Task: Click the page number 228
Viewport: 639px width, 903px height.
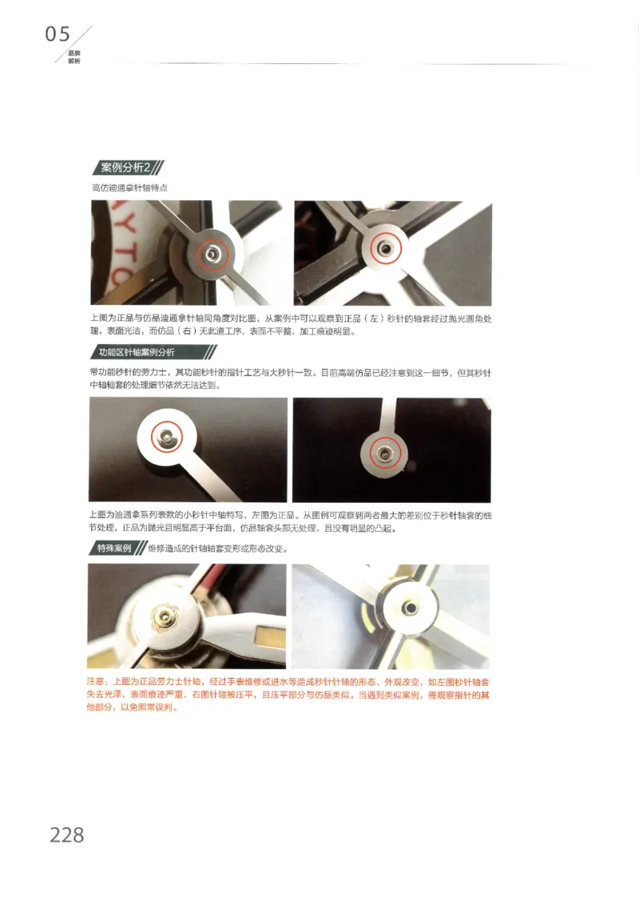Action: tap(66, 834)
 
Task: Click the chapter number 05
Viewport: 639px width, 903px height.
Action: tap(58, 34)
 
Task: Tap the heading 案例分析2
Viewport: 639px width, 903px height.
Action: tap(125, 168)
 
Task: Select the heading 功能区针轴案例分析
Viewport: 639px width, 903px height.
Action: tap(137, 352)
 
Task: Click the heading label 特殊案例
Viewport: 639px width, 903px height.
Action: tap(114, 549)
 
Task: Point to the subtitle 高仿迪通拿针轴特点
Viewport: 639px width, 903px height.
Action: tap(130, 188)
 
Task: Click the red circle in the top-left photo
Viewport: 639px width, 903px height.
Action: tap(211, 252)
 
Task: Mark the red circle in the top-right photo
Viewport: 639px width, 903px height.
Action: tap(384, 248)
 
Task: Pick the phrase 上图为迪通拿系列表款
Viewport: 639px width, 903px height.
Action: tap(136, 516)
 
